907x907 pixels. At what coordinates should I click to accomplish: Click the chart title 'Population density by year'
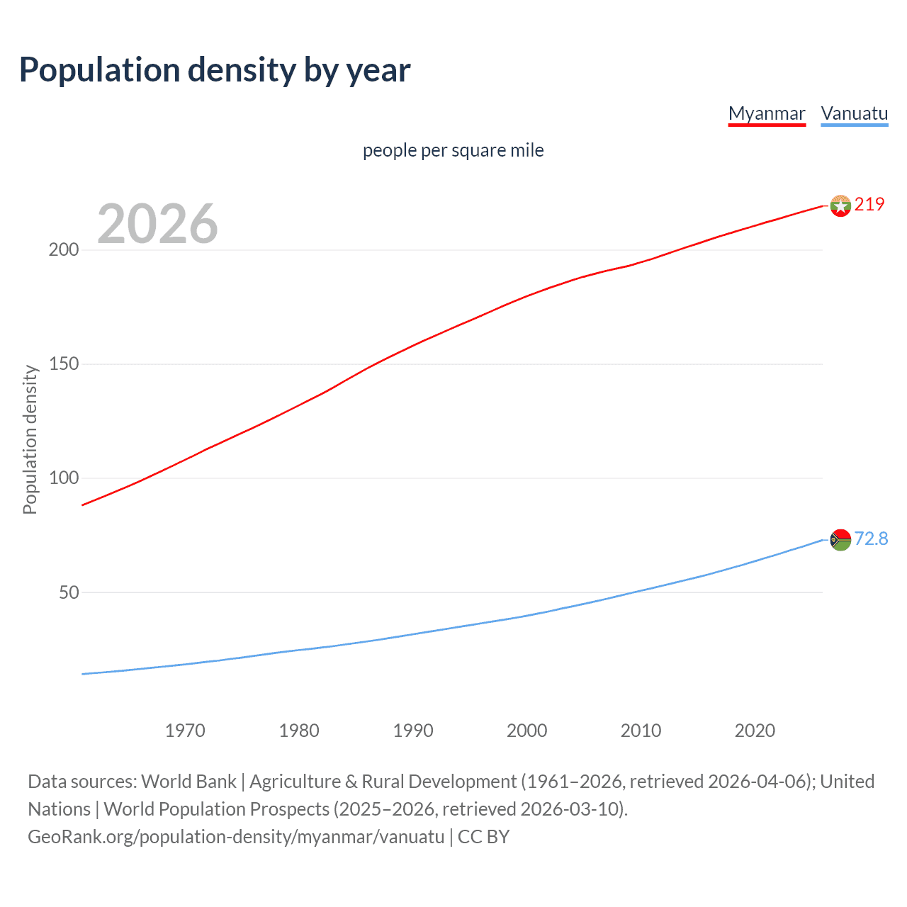(215, 70)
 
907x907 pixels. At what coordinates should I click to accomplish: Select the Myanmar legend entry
(767, 113)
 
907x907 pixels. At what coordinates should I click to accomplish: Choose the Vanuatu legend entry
(854, 113)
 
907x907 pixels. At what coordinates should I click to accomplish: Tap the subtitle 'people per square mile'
(453, 150)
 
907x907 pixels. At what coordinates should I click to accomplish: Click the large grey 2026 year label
(157, 223)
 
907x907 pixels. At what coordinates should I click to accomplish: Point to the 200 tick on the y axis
(64, 250)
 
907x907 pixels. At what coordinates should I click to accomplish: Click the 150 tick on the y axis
(64, 364)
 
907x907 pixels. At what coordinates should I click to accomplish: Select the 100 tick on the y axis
(64, 478)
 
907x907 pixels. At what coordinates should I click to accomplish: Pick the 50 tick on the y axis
(69, 592)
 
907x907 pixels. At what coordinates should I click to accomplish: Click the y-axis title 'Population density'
(30, 439)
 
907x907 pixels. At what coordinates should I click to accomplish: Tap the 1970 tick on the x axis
(185, 731)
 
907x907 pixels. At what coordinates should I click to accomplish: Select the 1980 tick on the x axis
(299, 731)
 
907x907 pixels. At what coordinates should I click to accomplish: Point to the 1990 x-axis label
(413, 731)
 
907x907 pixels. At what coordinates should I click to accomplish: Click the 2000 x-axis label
(526, 731)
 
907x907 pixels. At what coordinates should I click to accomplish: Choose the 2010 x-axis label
(641, 731)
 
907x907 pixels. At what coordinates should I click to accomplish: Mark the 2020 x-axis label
(755, 731)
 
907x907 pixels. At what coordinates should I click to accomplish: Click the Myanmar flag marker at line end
(840, 205)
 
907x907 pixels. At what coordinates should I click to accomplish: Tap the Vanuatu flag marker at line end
(840, 540)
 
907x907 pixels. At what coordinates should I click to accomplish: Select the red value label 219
(869, 204)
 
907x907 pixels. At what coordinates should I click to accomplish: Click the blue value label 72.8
(871, 539)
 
